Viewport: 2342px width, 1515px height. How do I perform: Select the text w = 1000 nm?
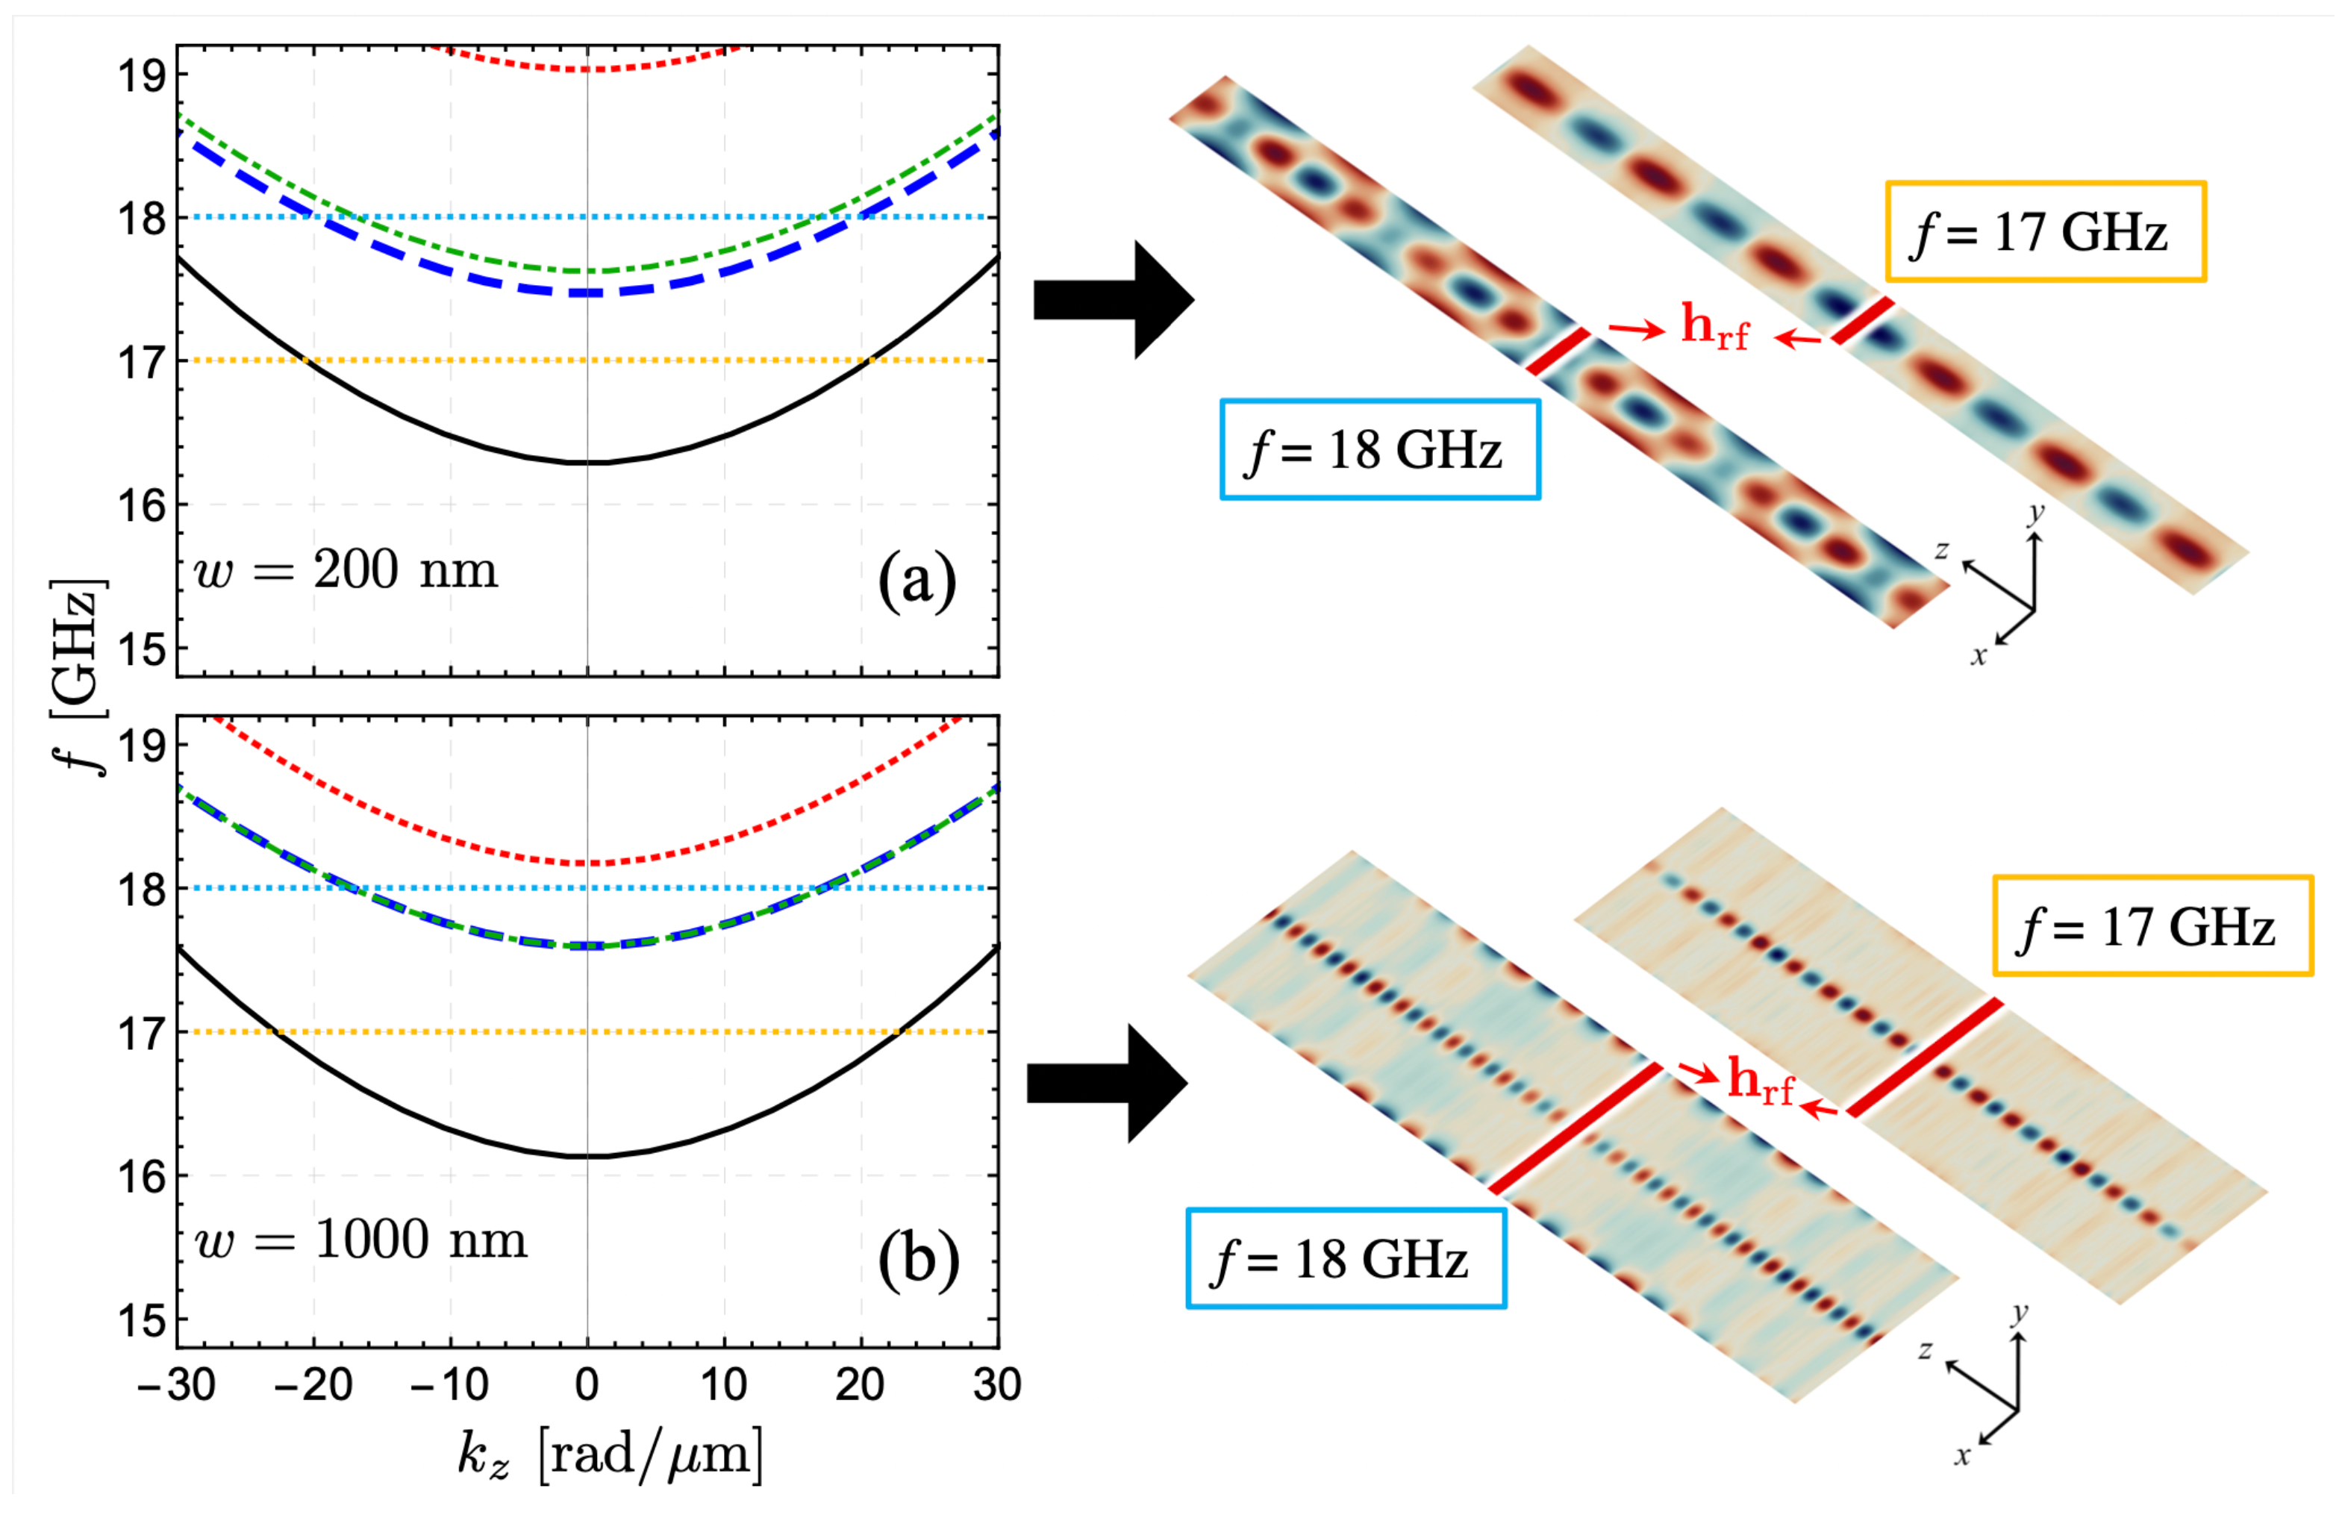[x=361, y=1240]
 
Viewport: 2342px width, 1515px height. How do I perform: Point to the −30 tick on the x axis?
[x=177, y=1385]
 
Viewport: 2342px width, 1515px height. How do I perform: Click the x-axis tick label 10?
[x=723, y=1385]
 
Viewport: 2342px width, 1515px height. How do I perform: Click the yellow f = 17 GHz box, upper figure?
[x=2044, y=232]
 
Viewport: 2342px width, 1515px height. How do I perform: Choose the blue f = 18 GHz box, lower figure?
[x=1345, y=1258]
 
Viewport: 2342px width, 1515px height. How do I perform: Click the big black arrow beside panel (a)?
[x=1111, y=299]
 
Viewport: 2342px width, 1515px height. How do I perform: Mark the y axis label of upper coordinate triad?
[x=2036, y=513]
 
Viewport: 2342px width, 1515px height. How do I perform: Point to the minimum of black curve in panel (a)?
[x=588, y=463]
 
